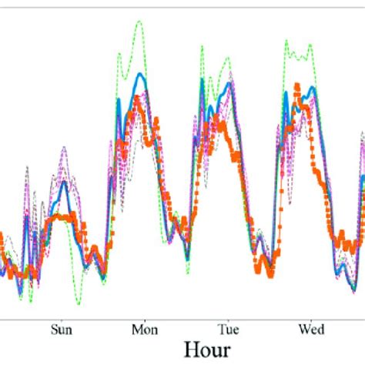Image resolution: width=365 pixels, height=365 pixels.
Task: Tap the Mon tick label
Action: pos(144,330)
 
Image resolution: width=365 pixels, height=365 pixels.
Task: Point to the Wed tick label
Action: pos(310,330)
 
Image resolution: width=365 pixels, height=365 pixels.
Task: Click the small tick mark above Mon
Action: pos(144,317)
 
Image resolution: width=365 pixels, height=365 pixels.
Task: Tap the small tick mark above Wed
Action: pos(310,317)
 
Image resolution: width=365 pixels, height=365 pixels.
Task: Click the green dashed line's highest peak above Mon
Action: pos(139,21)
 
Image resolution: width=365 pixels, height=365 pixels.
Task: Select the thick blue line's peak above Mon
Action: pos(139,74)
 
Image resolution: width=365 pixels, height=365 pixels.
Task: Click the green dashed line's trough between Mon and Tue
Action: pos(187,273)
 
